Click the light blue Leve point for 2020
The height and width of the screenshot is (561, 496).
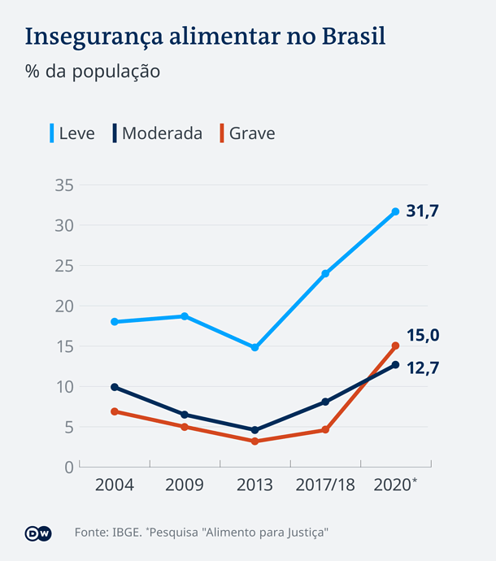point(395,212)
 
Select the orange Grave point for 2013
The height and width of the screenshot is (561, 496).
point(255,441)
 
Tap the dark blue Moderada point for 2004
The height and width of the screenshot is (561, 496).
point(115,387)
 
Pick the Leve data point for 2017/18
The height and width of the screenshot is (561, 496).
point(325,274)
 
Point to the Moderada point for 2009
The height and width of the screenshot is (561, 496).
point(185,415)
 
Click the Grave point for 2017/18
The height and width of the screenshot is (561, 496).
point(325,429)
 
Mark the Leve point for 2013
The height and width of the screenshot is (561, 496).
point(255,347)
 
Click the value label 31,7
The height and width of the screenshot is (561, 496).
point(422,211)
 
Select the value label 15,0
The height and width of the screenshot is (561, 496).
point(423,336)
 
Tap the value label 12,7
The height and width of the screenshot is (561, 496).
point(423,368)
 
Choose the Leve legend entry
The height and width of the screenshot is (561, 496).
point(72,133)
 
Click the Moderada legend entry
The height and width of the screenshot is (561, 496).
point(158,133)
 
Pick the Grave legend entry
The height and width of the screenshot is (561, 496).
point(247,133)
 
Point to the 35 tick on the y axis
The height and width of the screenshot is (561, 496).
point(64,185)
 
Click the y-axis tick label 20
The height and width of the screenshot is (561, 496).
point(64,307)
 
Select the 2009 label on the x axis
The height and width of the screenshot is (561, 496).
point(185,485)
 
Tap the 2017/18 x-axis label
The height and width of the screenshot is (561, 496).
point(325,485)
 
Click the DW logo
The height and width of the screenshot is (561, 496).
point(38,533)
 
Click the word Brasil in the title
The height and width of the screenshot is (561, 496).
point(354,36)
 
